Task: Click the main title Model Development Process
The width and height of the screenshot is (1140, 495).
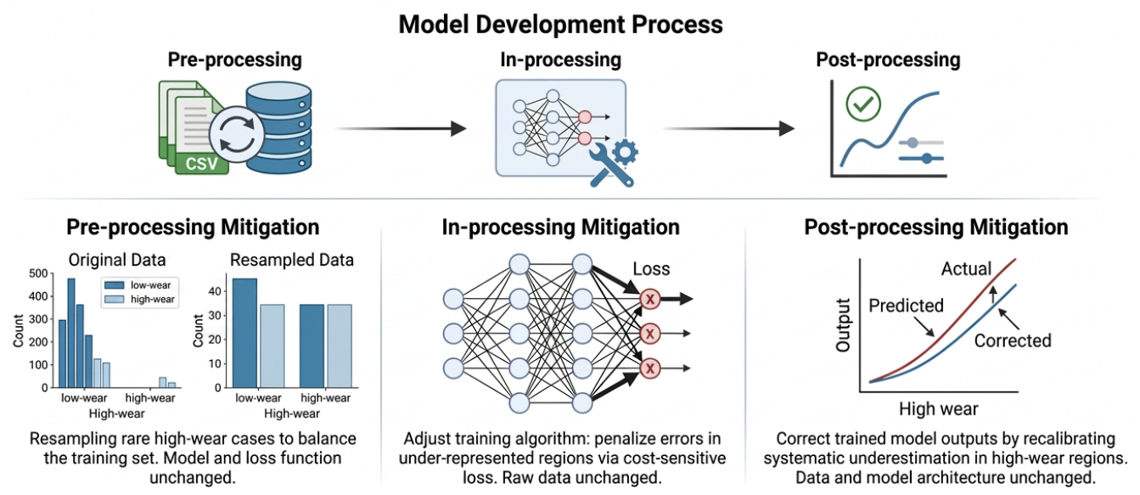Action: pos(560,25)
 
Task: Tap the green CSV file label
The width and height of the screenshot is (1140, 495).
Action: pos(201,164)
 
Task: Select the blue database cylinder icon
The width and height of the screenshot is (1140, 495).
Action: pos(278,127)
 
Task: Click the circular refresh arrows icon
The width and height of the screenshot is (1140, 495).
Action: pos(236,133)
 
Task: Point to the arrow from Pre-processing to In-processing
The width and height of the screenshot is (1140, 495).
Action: pos(401,128)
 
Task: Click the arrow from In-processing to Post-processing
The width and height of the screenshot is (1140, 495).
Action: pos(729,128)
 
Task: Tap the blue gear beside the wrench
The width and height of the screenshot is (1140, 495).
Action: pos(625,152)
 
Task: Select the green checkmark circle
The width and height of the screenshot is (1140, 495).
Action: pos(863,104)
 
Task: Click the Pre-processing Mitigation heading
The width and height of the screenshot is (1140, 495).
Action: pos(193,228)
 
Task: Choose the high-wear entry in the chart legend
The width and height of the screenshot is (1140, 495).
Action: pos(139,300)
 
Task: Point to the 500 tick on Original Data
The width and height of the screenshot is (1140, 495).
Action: pos(38,273)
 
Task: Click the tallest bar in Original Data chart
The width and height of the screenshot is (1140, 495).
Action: pos(71,333)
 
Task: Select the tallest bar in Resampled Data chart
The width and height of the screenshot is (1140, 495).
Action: pos(244,333)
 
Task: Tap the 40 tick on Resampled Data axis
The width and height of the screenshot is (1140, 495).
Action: pos(215,292)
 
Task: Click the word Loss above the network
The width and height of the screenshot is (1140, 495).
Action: pos(651,269)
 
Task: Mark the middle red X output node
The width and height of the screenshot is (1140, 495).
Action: pos(650,334)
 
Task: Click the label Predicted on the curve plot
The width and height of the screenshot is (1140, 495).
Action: pos(906,306)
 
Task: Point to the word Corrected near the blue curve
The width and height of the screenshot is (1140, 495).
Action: pos(1013,340)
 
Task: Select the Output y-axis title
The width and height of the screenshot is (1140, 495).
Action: pos(843,325)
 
